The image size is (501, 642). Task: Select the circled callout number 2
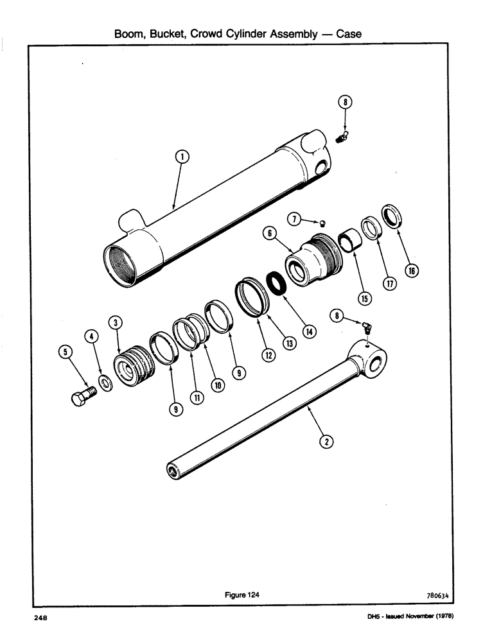coord(326,441)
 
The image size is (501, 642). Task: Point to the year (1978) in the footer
coord(443,618)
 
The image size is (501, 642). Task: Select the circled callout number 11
coord(197,398)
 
